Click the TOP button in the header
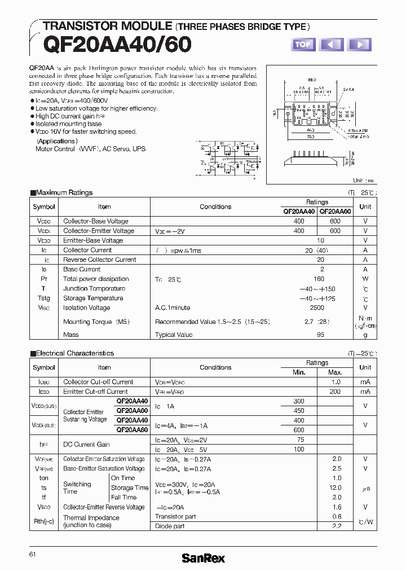[303, 44]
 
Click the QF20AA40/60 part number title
[117, 44]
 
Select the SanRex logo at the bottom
[203, 558]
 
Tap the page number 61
[33, 555]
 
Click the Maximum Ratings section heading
[64, 192]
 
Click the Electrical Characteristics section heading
[74, 353]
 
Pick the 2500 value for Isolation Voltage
[317, 308]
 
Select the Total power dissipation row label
[96, 279]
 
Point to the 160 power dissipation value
[319, 279]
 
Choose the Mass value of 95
[320, 335]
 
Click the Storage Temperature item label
[93, 298]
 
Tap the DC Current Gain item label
[86, 445]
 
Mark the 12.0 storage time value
[336, 487]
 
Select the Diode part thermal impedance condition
[170, 526]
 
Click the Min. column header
[299, 372]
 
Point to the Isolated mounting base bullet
[68, 124]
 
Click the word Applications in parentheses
[57, 141]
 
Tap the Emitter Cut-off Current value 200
[335, 392]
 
